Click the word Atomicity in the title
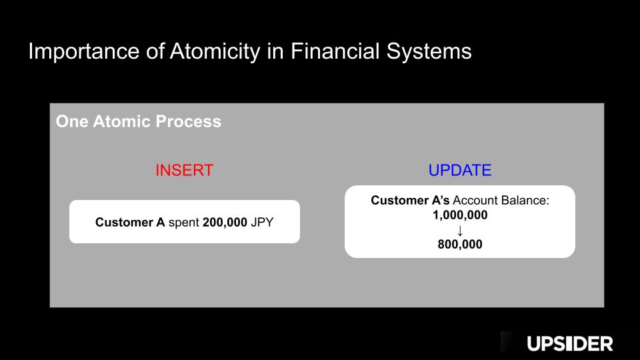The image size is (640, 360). point(215,52)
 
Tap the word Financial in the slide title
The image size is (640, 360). point(335,51)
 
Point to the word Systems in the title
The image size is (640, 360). point(429,52)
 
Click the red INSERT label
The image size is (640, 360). point(185,170)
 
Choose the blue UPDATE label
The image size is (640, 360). point(460,170)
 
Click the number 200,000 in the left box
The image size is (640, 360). point(225,222)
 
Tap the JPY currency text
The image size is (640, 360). point(262,222)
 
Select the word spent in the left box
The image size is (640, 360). point(184,223)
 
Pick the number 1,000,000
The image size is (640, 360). point(460,215)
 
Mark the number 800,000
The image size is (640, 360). point(460,244)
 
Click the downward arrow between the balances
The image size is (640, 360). point(460,231)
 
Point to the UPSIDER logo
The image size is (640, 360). point(570,344)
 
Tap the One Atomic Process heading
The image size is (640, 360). point(139,121)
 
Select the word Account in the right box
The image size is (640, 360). point(475,201)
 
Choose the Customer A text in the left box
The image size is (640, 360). point(130,222)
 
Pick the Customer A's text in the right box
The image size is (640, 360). point(410,201)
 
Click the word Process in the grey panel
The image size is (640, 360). point(189,121)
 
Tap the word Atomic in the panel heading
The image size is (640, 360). point(122,121)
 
